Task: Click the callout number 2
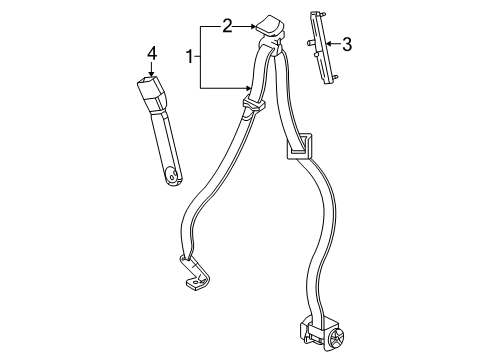point(227,26)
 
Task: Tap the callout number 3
point(346,43)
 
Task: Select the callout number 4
point(152,52)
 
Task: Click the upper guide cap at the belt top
point(269,29)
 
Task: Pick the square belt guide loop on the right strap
point(299,150)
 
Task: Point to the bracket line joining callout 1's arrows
point(202,57)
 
